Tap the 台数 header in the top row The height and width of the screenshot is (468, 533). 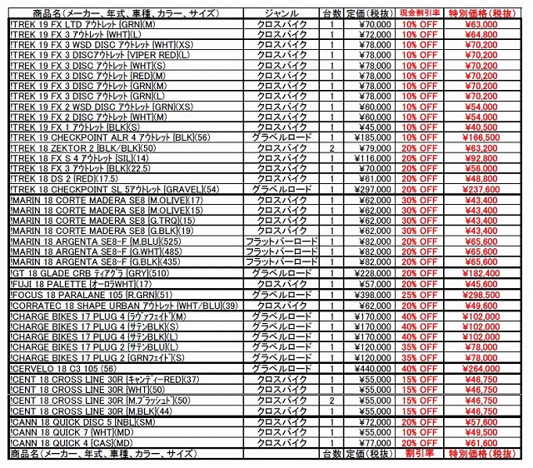coord(331,13)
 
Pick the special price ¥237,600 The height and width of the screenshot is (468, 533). coord(482,189)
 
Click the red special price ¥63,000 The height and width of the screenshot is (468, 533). coord(482,24)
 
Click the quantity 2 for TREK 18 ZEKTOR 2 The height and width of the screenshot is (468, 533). coord(331,148)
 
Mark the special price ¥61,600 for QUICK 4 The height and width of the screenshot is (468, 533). coord(482,444)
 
